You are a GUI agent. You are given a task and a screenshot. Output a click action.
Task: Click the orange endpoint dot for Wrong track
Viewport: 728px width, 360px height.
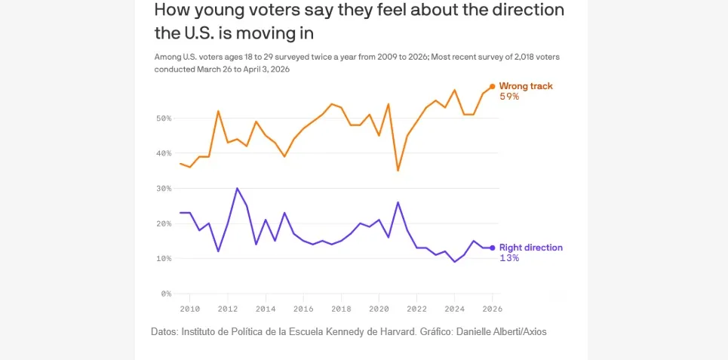pos(493,86)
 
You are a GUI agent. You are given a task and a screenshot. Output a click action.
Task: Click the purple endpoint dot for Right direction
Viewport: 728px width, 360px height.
pos(493,248)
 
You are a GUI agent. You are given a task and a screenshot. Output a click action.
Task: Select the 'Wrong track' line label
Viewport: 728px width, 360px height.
pos(526,86)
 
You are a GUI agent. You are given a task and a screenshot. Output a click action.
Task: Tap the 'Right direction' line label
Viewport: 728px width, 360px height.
pos(531,248)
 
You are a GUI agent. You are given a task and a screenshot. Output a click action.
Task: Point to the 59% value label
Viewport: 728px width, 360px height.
pos(509,97)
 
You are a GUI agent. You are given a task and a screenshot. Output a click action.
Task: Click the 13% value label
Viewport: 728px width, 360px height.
pos(509,258)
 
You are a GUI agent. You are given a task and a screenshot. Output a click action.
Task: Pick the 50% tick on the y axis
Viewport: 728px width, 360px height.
pos(164,118)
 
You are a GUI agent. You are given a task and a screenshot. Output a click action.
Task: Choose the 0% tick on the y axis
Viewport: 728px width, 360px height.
pos(167,294)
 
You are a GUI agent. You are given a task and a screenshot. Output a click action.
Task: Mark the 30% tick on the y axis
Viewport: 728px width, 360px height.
pos(164,189)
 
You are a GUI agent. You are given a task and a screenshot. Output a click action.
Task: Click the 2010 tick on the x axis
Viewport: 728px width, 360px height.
pos(189,308)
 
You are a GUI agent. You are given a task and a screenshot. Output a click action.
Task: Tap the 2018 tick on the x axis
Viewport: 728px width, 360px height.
pos(342,308)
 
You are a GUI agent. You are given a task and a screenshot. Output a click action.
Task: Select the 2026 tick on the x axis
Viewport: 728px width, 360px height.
pos(492,308)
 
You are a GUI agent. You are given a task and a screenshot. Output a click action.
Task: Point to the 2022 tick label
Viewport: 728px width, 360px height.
pos(417,308)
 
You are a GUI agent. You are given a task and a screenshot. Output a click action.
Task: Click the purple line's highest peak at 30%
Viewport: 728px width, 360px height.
pos(237,188)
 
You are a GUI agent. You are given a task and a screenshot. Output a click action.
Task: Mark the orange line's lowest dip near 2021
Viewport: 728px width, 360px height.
pos(398,171)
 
